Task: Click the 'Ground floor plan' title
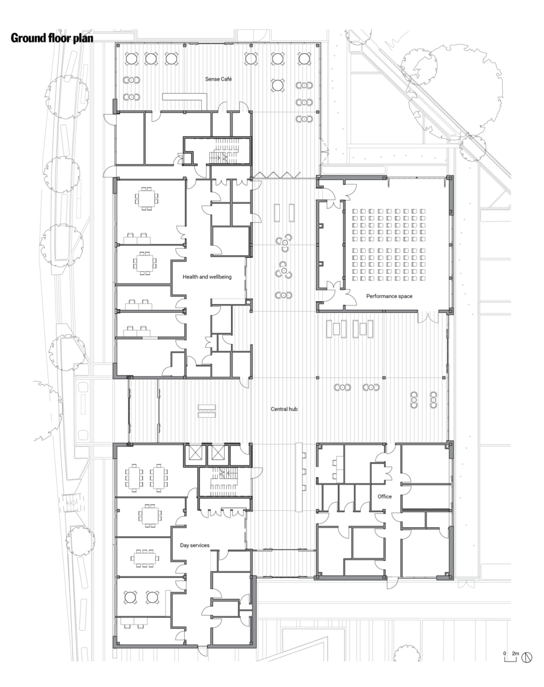(x=52, y=38)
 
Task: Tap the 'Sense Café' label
(x=218, y=79)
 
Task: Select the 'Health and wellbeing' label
(x=207, y=277)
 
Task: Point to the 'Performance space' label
(x=389, y=296)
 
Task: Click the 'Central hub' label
(x=284, y=409)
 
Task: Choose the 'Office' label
(x=385, y=497)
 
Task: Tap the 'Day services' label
(x=194, y=545)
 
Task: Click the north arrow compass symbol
(x=527, y=657)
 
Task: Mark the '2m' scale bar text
(x=515, y=654)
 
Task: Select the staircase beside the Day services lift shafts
(x=224, y=481)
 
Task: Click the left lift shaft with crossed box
(x=193, y=453)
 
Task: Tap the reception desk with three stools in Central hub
(x=300, y=477)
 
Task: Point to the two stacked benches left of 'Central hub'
(x=207, y=411)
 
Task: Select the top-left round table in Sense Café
(x=131, y=58)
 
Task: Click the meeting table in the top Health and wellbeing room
(x=146, y=198)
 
